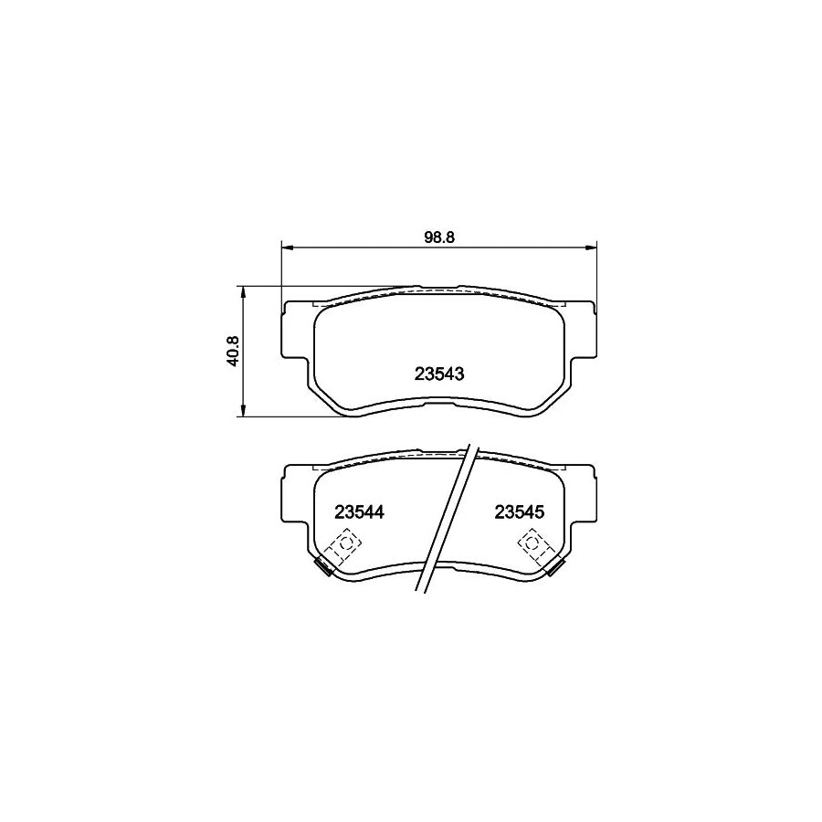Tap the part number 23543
(440, 374)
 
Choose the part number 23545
(519, 512)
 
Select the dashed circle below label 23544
(344, 546)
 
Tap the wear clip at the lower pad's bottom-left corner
(321, 567)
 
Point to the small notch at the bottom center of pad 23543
(439, 398)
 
